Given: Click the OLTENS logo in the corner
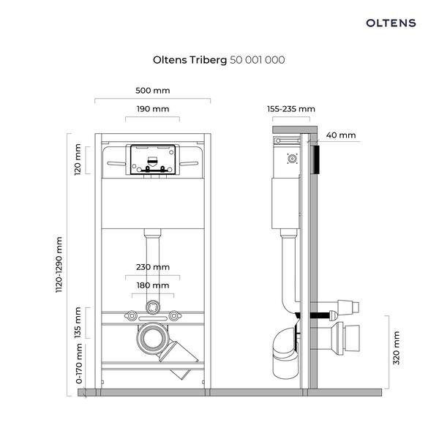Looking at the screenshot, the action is [391, 23].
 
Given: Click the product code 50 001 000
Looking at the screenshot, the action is [258, 60].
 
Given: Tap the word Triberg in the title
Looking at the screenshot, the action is [208, 60].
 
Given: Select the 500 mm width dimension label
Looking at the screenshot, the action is [153, 91].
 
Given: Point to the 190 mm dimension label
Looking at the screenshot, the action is [153, 109].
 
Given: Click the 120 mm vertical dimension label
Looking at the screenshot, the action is [78, 160].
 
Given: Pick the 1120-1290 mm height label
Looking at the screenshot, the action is [59, 265].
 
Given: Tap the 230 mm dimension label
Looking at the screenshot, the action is [153, 267].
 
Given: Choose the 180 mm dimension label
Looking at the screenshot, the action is [153, 285].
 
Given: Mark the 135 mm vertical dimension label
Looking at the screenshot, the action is [78, 323].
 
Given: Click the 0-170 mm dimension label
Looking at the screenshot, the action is [79, 364].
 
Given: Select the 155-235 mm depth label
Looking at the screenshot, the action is [291, 109].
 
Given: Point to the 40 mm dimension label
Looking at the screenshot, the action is [341, 135].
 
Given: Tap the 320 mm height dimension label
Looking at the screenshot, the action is [396, 348].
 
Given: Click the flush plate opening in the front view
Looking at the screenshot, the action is [153, 160].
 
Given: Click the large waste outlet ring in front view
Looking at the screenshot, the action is [153, 339].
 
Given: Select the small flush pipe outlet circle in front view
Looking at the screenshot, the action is [153, 307].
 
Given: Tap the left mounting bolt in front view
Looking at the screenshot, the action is [131, 316].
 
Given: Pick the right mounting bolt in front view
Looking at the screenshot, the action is [174, 316].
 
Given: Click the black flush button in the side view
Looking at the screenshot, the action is [316, 160].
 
